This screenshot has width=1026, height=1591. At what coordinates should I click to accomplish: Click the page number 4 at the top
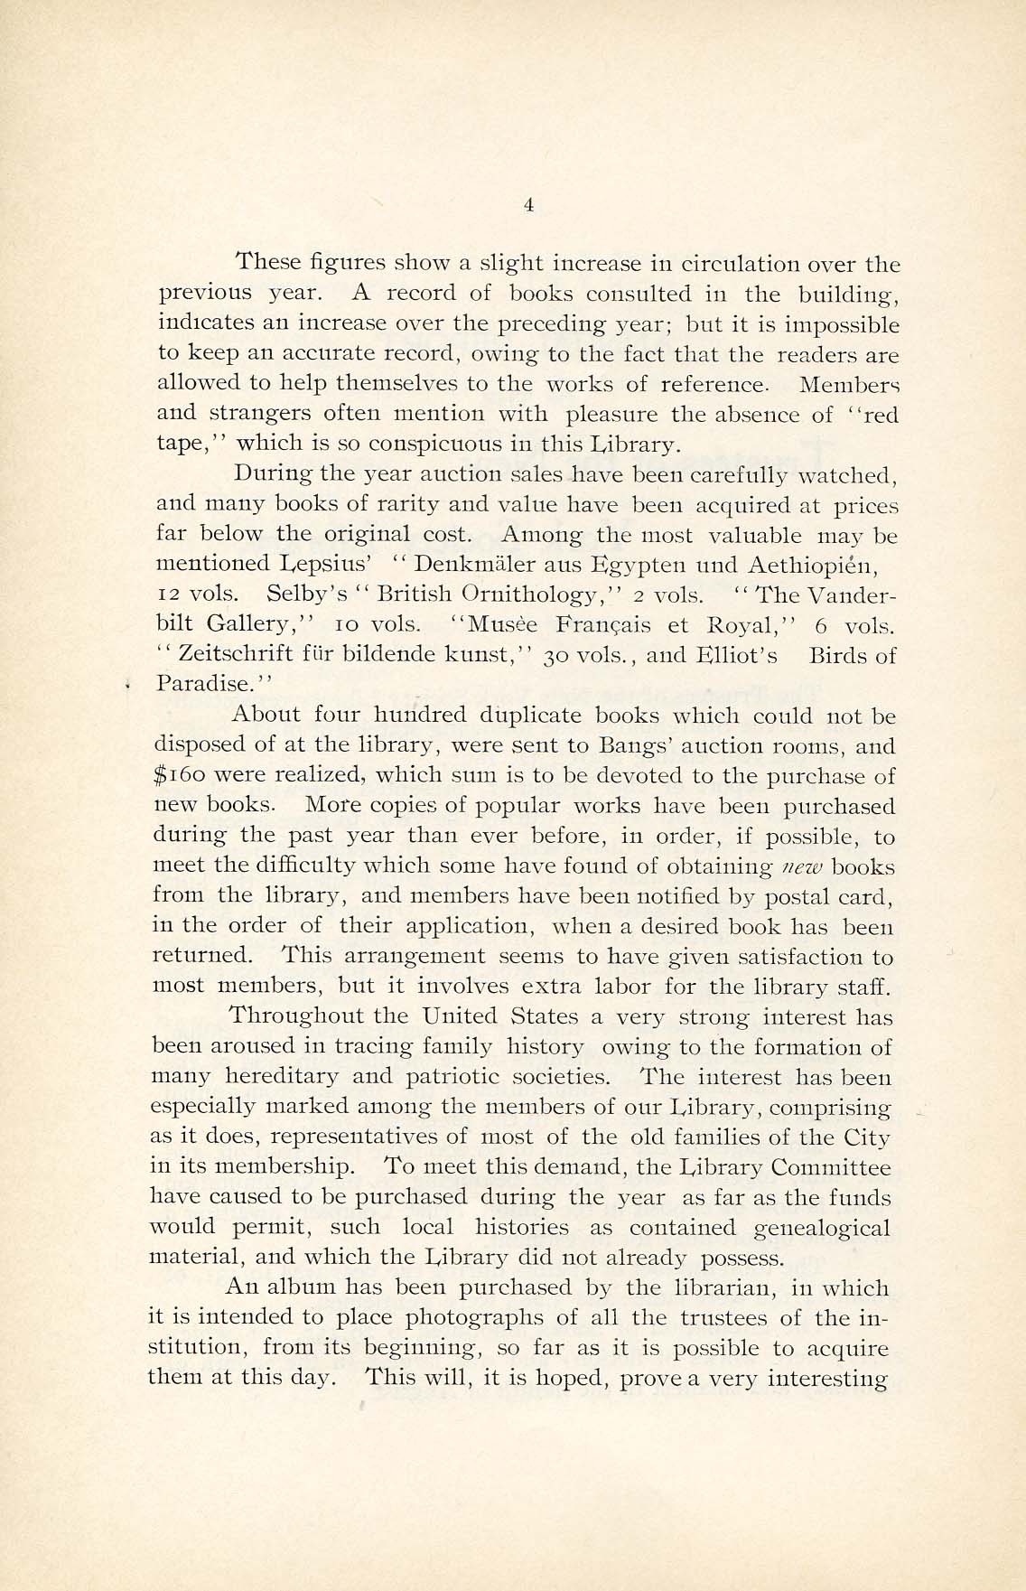[x=528, y=206]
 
